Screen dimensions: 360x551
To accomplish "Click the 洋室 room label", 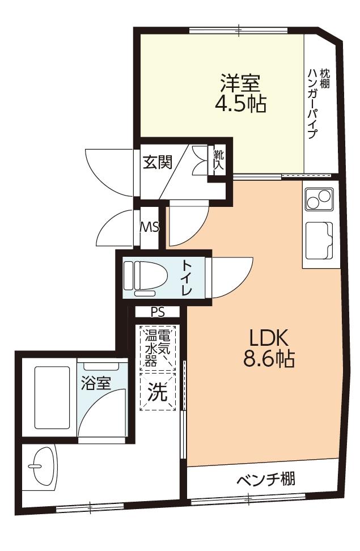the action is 240,83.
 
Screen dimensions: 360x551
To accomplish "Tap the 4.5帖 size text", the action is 240,103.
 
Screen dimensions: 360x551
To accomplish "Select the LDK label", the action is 269,338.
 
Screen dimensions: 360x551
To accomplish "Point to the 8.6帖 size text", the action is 269,359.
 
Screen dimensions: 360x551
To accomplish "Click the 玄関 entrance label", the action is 157,162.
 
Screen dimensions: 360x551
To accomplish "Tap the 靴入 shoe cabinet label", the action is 219,160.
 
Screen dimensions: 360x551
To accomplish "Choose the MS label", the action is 150,227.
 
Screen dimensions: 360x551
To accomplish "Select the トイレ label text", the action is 187,276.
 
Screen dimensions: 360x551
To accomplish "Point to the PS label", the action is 158,312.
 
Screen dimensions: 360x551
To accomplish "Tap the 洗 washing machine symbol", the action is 157,391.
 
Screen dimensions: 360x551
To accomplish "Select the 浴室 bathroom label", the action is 96,383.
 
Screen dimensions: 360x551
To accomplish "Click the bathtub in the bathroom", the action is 52,398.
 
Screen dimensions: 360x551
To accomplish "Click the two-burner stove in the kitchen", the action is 319,199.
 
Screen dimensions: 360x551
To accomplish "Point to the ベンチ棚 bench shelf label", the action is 266,479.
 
